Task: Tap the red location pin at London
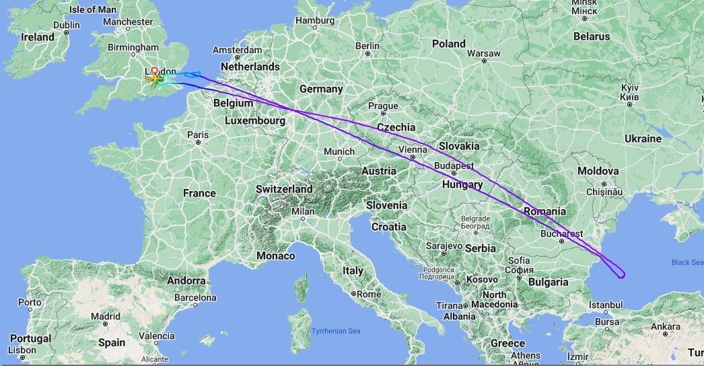tap(154, 71)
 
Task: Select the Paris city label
tap(197, 135)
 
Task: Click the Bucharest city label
tap(561, 234)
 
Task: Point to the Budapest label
tap(454, 166)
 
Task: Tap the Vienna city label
tap(413, 149)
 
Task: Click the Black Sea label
tap(687, 262)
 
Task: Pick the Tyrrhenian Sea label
tap(336, 331)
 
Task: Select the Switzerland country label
tap(284, 189)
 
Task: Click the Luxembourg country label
tap(255, 121)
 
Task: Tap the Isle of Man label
tap(93, 9)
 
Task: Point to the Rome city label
tap(369, 294)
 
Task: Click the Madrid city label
tap(106, 316)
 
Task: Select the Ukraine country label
tap(643, 139)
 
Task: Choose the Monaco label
tap(276, 256)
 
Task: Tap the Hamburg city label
tap(314, 20)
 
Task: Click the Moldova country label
tap(598, 172)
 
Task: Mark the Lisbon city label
tap(22, 350)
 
